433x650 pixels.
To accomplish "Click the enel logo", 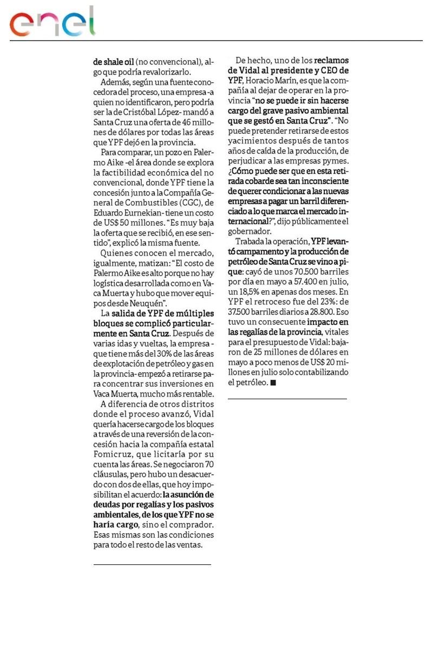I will tap(53, 23).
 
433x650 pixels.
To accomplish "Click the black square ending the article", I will tap(273, 383).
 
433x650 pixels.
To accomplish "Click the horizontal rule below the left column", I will tap(152, 564).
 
